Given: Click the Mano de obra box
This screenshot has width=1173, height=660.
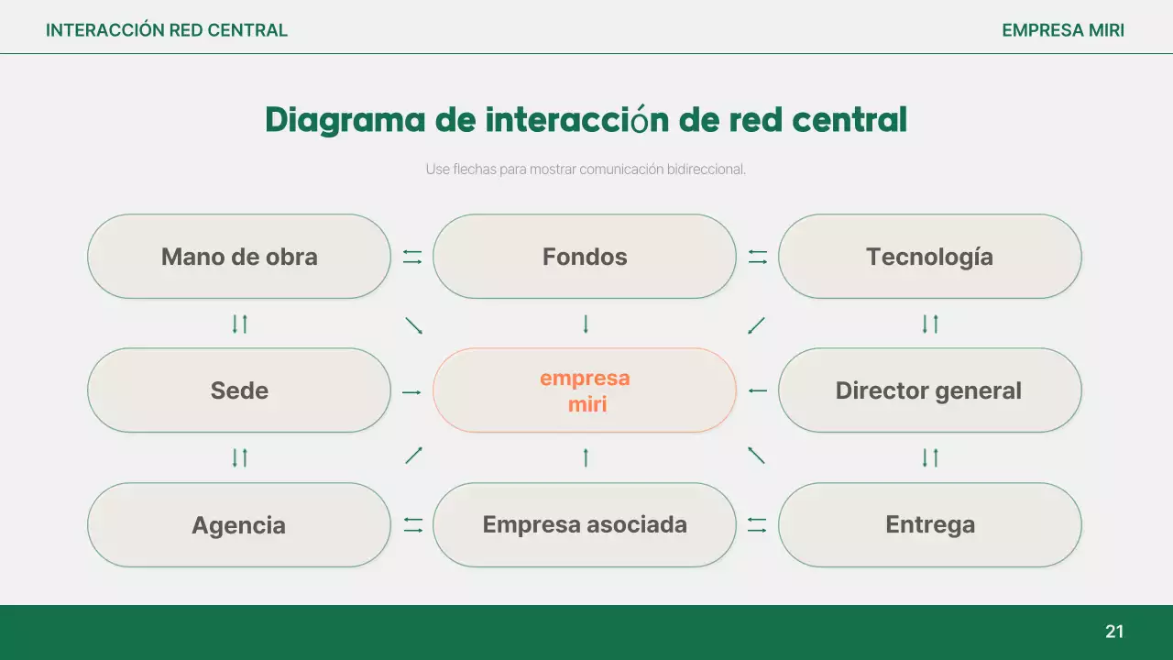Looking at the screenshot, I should click(239, 257).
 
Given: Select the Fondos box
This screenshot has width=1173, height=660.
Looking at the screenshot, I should click(585, 257).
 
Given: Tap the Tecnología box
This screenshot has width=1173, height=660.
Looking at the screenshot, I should click(929, 257).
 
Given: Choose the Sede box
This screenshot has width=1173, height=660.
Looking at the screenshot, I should click(239, 390).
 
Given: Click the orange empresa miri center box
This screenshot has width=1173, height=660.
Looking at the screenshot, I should click(585, 390).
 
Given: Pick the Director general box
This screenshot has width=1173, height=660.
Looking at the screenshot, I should click(929, 390).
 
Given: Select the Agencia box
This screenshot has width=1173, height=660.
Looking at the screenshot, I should click(239, 525).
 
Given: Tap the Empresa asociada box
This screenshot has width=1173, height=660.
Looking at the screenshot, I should click(585, 525).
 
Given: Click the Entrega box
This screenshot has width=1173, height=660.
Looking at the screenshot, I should click(929, 525).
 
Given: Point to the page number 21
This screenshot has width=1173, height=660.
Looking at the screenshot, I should click(1114, 632).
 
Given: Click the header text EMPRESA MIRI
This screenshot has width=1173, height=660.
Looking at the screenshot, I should click(1063, 30).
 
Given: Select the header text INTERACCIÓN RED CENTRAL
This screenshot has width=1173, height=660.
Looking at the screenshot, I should click(167, 30).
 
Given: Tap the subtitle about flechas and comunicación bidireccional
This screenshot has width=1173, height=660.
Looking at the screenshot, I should click(586, 170).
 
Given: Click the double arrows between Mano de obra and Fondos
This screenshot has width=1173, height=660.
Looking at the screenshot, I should click(412, 258).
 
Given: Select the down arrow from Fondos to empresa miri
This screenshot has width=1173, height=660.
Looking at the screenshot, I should click(586, 324).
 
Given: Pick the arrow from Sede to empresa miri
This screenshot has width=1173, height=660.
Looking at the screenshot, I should click(411, 392).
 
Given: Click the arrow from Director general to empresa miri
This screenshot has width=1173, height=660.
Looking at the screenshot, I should click(757, 391).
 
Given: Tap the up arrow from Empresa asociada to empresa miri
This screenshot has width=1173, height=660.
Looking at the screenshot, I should click(586, 456).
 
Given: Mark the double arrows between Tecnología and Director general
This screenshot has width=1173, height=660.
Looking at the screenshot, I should click(930, 324).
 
